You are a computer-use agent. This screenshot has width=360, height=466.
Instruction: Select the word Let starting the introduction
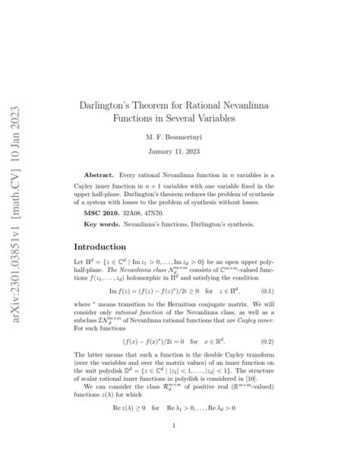(x=79, y=261)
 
